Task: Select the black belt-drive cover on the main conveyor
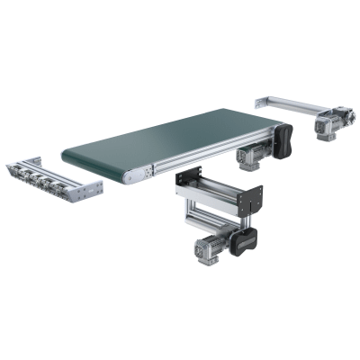pos(285,140)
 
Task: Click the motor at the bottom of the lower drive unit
pos(204,253)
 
